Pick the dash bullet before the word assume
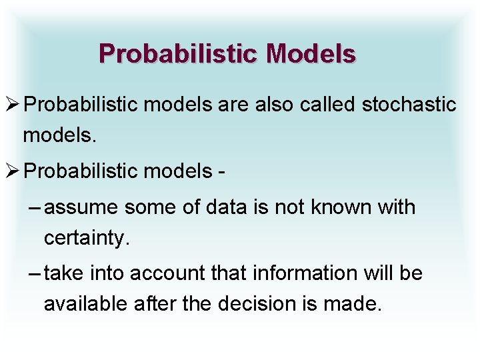coord(37,208)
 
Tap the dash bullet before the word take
coord(37,274)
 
